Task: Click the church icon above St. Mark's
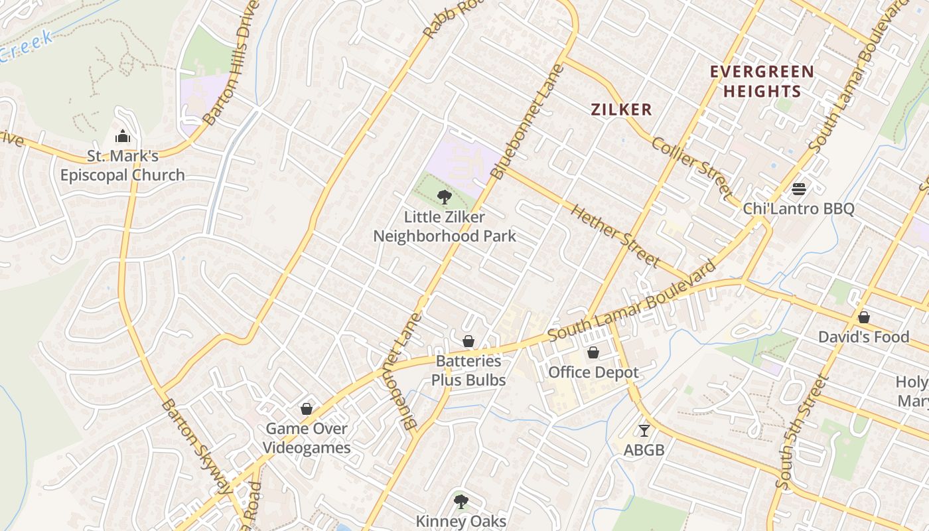click(x=123, y=137)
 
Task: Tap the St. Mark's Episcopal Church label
click(x=123, y=166)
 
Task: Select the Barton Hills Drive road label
click(x=228, y=63)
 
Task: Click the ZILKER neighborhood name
click(x=622, y=110)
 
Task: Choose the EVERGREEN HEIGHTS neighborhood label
click(x=762, y=82)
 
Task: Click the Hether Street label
click(x=615, y=236)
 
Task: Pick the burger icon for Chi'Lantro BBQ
click(x=799, y=189)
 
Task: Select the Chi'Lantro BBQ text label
click(x=798, y=209)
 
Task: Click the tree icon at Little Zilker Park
click(x=445, y=196)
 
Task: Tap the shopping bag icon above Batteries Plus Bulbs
click(x=468, y=341)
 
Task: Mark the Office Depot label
click(x=593, y=372)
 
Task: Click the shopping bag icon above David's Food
click(x=863, y=317)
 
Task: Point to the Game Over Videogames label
click(x=307, y=438)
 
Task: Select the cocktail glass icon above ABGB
click(x=644, y=431)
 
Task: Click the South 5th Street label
click(x=802, y=431)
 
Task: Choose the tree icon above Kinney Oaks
click(x=461, y=501)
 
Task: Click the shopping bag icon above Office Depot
click(x=593, y=352)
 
